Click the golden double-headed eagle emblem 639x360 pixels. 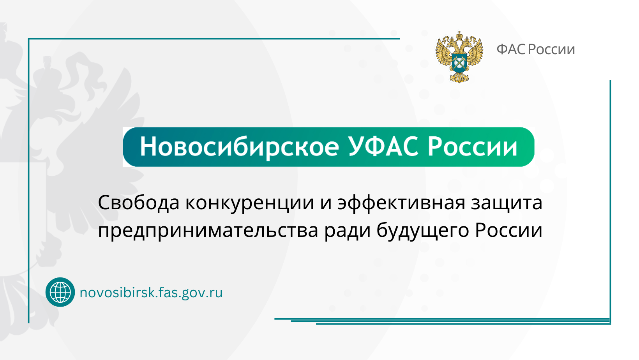(x=459, y=56)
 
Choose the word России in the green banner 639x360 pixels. (x=472, y=147)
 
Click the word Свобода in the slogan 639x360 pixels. (x=138, y=203)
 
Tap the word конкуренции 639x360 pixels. (x=249, y=203)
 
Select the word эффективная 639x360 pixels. (x=401, y=203)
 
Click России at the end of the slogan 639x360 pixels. (x=508, y=230)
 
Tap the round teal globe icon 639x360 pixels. (x=60, y=292)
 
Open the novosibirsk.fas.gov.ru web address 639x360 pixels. (x=151, y=292)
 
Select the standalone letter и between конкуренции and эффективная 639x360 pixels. (x=326, y=203)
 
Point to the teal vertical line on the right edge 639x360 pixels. (x=610, y=195)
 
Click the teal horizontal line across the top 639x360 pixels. (x=214, y=39)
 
